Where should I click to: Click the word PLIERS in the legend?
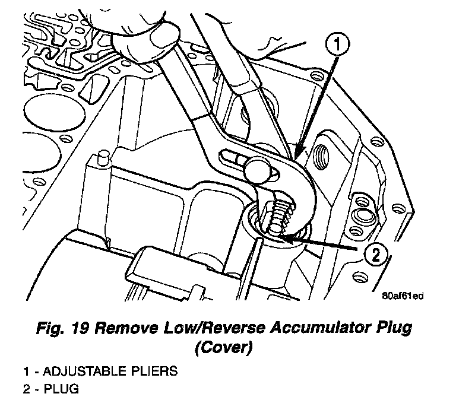(x=153, y=372)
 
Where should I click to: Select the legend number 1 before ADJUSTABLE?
(x=26, y=372)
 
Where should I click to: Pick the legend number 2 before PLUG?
(x=26, y=390)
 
